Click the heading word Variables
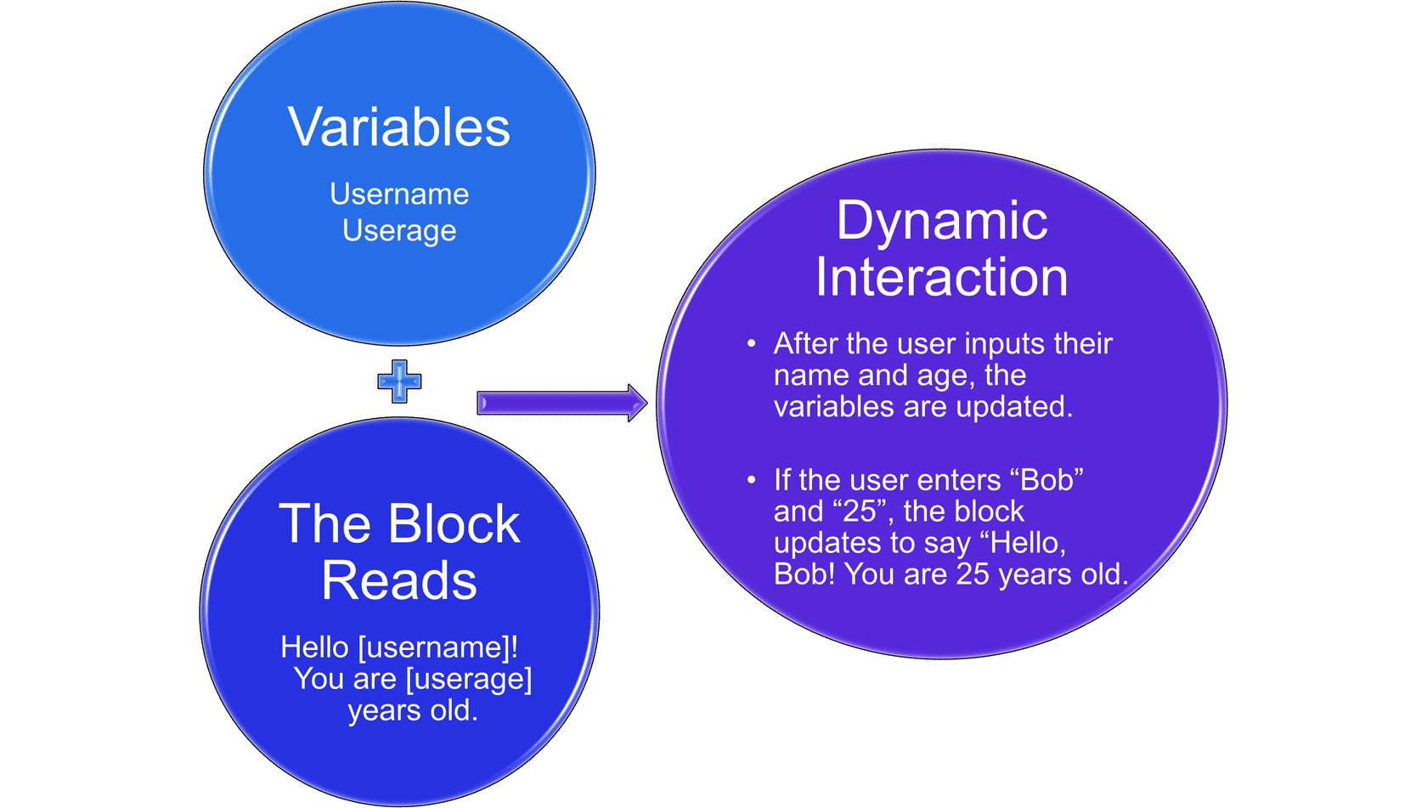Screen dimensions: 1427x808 [x=399, y=127]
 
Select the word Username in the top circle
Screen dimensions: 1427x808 [x=399, y=194]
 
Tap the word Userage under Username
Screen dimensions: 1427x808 [x=399, y=231]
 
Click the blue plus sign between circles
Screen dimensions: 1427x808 [x=399, y=381]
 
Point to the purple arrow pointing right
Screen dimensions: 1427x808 [x=562, y=403]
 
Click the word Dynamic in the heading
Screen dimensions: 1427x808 [x=941, y=221]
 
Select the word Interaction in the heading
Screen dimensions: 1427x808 [x=941, y=277]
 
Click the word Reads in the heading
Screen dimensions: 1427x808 [x=399, y=580]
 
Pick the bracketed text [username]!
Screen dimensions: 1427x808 [x=438, y=648]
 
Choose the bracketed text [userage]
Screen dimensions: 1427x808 [x=469, y=680]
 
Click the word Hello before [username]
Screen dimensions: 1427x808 [x=314, y=647]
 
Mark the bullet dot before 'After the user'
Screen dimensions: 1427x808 [x=752, y=344]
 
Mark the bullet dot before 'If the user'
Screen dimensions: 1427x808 [x=752, y=480]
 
